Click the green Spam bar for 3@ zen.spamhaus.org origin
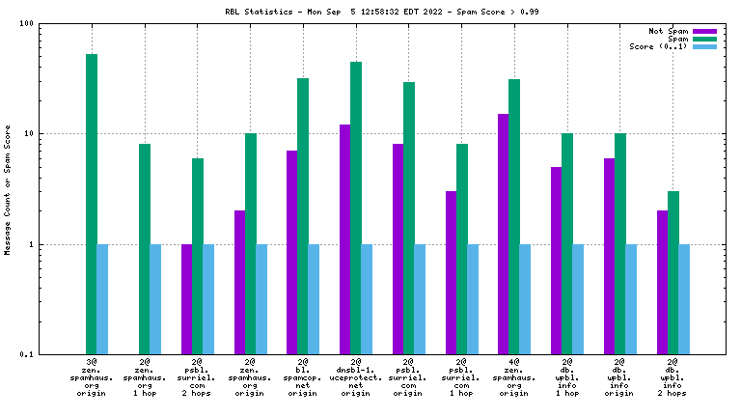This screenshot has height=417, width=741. (x=92, y=204)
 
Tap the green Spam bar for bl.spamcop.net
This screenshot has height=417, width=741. (x=303, y=216)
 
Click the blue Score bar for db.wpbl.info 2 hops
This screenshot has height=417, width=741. (x=684, y=299)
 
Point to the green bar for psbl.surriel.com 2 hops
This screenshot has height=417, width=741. (x=198, y=256)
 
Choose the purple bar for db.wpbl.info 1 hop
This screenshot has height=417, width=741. (x=557, y=261)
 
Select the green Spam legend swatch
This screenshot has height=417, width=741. (x=705, y=39)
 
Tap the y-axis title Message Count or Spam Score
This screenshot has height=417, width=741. (x=8, y=189)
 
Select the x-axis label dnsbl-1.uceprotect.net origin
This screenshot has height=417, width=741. (x=356, y=378)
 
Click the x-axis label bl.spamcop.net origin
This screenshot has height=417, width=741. (x=303, y=378)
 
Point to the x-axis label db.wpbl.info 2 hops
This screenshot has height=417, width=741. (x=673, y=378)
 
